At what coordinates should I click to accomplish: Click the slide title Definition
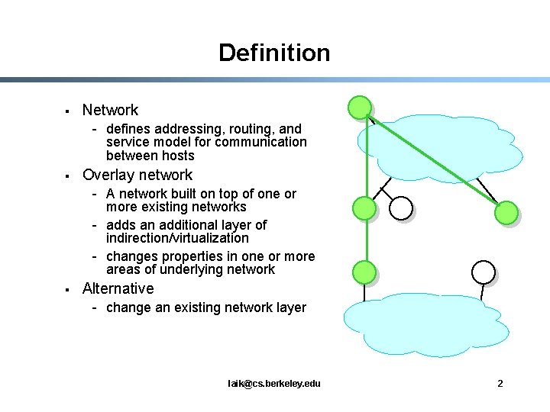click(x=274, y=53)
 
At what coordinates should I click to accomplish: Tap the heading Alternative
click(x=118, y=288)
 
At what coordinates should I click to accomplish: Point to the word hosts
click(x=177, y=156)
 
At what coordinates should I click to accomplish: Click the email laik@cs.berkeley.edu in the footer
click(x=274, y=383)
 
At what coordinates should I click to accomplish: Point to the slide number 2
click(x=500, y=383)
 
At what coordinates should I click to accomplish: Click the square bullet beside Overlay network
click(x=68, y=176)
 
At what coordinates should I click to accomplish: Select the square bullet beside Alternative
click(x=68, y=290)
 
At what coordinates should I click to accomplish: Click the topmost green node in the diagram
click(x=360, y=108)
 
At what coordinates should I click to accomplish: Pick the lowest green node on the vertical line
click(x=365, y=271)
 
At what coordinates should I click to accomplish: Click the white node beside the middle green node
click(x=401, y=208)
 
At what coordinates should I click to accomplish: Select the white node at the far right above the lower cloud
click(x=484, y=271)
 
